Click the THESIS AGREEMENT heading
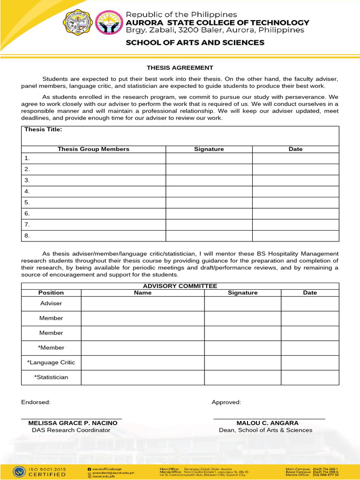(x=180, y=67)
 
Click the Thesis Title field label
(x=43, y=130)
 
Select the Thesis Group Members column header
(x=93, y=149)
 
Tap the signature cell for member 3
(x=209, y=180)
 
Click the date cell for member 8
(x=295, y=236)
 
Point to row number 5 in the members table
(x=27, y=202)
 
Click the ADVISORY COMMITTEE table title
(x=180, y=286)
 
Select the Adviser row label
(x=51, y=304)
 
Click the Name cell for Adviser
(x=142, y=304)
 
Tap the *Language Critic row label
(x=51, y=362)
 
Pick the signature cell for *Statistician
(x=242, y=377)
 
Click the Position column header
(x=51, y=292)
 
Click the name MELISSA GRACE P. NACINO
(x=73, y=423)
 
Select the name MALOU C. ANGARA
(x=267, y=423)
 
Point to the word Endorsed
(x=36, y=402)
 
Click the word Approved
(x=226, y=402)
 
